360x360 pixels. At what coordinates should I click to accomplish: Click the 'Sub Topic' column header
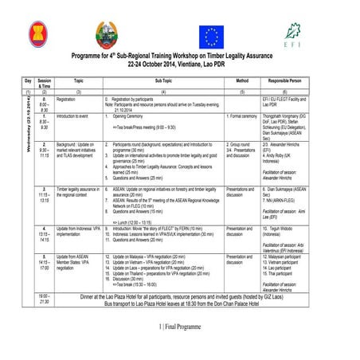pos(162,81)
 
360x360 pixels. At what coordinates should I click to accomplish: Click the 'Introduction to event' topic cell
pos(72,115)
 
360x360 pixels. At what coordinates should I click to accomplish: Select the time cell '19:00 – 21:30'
pos(44,299)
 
